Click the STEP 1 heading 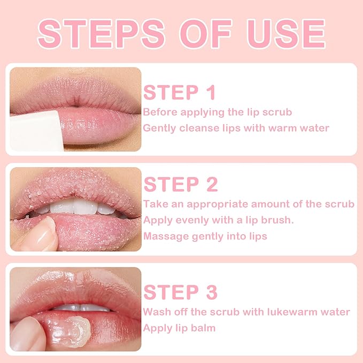click(x=180, y=92)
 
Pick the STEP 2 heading click(x=181, y=184)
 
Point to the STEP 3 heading click(x=181, y=292)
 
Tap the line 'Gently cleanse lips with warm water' click(x=236, y=128)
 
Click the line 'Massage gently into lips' click(x=205, y=236)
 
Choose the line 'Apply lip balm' click(x=179, y=328)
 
